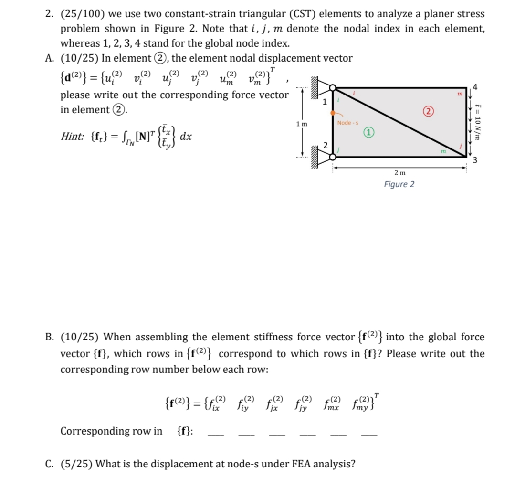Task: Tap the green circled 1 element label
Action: (369, 132)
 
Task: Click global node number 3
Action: (475, 159)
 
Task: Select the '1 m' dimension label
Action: (301, 124)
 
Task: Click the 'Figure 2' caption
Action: (399, 184)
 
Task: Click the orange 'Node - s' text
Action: (347, 123)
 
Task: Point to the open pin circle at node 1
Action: (332, 88)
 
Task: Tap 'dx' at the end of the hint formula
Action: (187, 136)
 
